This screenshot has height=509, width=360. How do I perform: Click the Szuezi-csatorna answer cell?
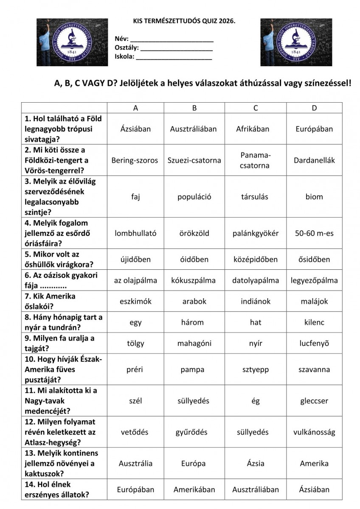[x=194, y=160]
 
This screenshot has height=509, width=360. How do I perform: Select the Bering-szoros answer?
[x=135, y=160]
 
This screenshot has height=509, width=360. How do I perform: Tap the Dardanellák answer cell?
[x=314, y=160]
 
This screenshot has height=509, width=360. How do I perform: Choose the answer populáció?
[x=194, y=197]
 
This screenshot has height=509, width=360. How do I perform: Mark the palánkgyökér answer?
[x=256, y=233]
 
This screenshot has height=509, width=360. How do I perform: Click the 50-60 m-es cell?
[x=314, y=233]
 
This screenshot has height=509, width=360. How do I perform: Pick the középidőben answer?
[x=256, y=260]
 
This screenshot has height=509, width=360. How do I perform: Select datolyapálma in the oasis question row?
[x=256, y=280]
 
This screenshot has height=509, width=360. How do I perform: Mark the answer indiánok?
[x=256, y=302]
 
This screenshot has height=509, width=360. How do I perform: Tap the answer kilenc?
[x=314, y=322]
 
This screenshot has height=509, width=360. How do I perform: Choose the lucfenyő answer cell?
[x=314, y=344]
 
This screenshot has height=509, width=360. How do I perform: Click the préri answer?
[x=135, y=369]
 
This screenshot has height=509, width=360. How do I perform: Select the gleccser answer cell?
[x=314, y=401]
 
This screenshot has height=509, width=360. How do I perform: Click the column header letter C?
[x=256, y=108]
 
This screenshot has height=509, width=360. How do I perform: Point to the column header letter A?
[x=135, y=108]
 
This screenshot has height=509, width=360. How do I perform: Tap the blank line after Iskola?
[x=174, y=57]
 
